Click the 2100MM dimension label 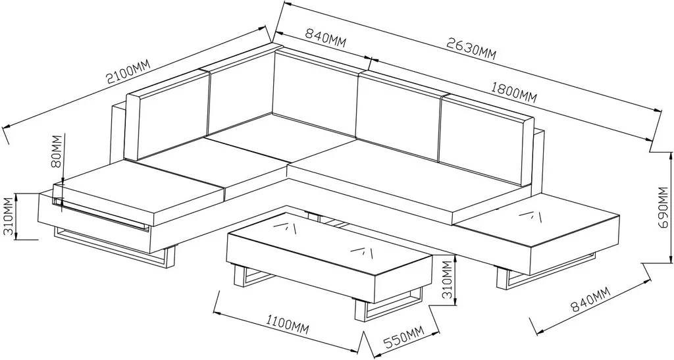pos(128,71)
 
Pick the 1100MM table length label pos(288,324)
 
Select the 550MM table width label pos(403,337)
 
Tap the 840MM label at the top pos(325,38)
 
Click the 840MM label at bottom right pos(590,299)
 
